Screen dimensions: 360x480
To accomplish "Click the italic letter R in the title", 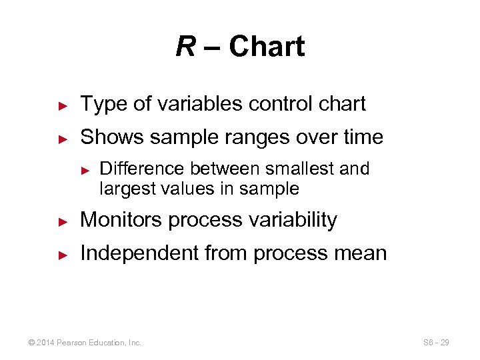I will [x=185, y=47].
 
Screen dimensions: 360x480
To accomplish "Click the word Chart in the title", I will [x=266, y=47].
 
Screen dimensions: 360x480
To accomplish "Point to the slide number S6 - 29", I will [x=436, y=343].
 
